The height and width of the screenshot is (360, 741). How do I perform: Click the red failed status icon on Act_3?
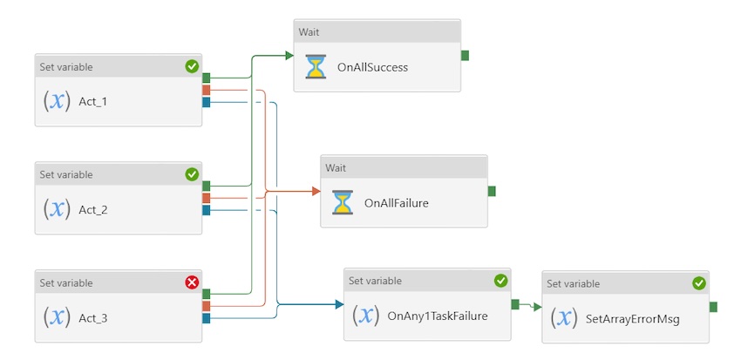[192, 282]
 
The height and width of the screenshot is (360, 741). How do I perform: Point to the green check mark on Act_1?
[192, 66]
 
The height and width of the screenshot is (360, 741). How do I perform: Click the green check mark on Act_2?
[192, 174]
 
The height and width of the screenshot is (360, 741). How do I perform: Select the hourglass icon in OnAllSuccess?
[316, 67]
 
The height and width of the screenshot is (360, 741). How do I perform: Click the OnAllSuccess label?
[372, 67]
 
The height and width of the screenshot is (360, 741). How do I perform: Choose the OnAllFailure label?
[396, 203]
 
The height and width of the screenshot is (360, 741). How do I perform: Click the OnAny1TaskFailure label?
[437, 316]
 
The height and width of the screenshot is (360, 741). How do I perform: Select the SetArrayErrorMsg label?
[632, 319]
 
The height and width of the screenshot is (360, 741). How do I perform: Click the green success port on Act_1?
[207, 78]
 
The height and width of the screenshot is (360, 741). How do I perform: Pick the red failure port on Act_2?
[207, 198]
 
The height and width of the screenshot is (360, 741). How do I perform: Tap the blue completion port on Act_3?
[207, 318]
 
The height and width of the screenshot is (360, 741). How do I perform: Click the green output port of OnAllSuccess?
[465, 56]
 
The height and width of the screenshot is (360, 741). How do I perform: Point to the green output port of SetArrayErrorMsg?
[713, 306]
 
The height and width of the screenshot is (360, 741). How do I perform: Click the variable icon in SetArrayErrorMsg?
[564, 318]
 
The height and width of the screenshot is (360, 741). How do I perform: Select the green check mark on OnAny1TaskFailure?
[500, 281]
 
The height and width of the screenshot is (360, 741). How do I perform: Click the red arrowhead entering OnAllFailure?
[316, 191]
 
